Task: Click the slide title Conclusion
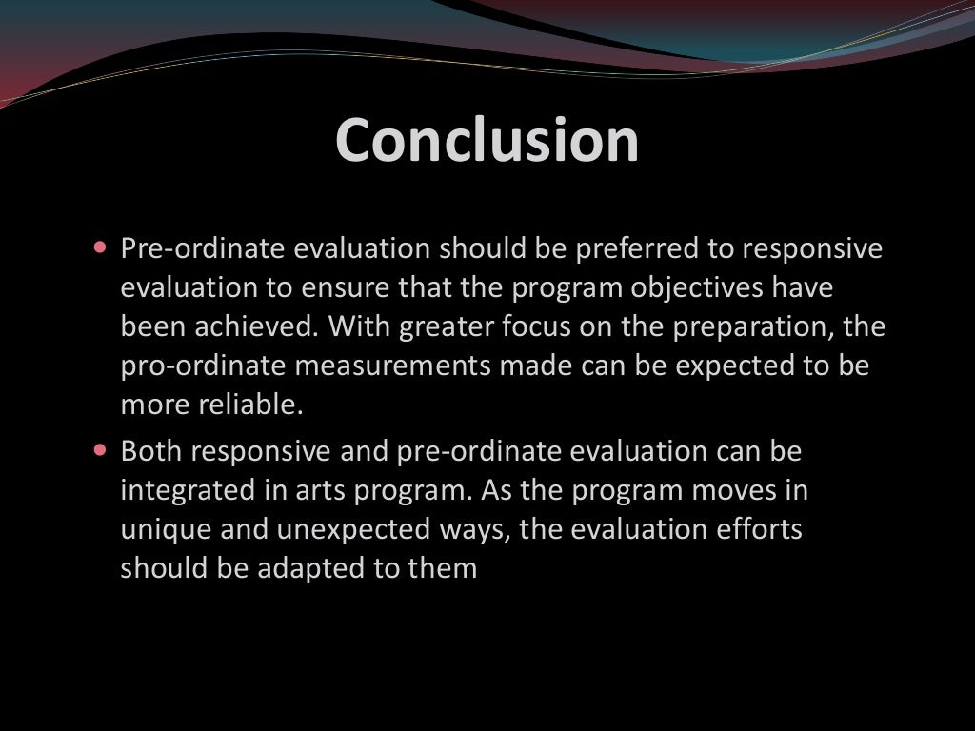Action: [487, 140]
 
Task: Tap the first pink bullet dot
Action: [101, 247]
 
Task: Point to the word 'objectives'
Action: [709, 288]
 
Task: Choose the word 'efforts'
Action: [758, 529]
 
